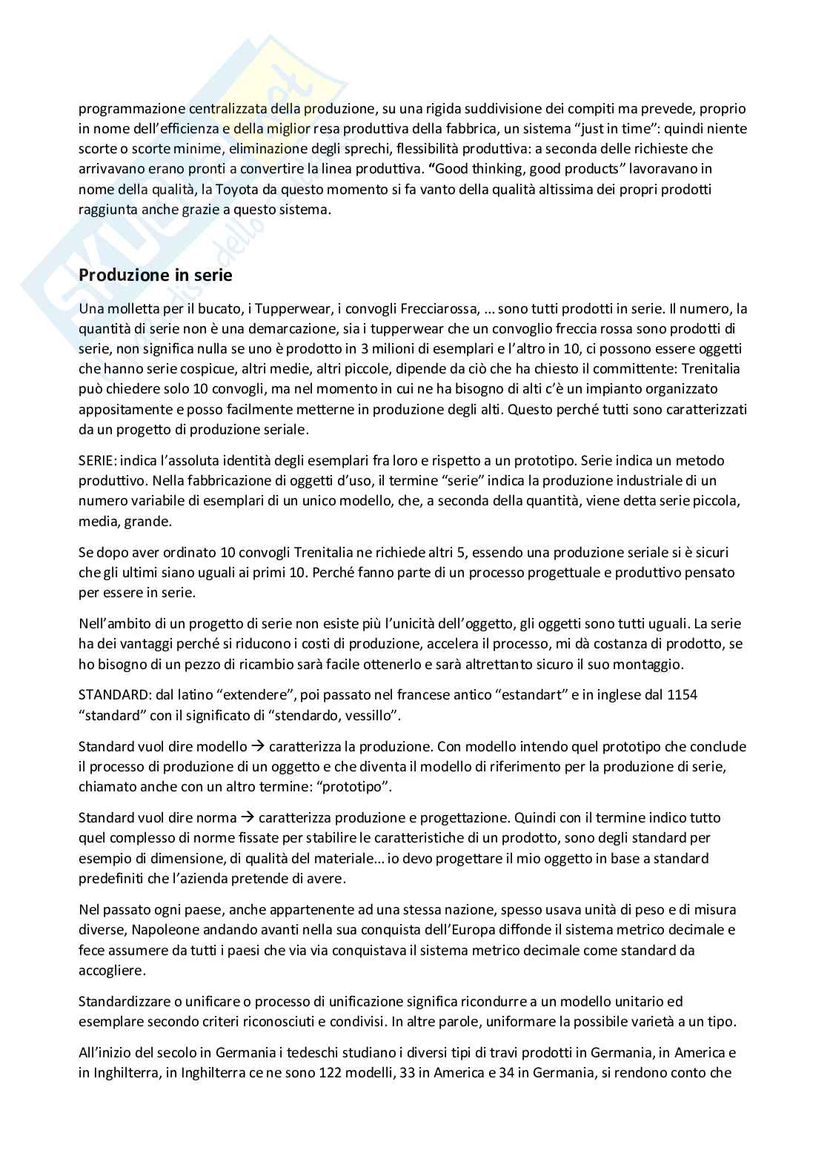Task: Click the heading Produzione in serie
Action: pyautogui.click(x=155, y=275)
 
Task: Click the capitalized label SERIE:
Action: pyautogui.click(x=98, y=460)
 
